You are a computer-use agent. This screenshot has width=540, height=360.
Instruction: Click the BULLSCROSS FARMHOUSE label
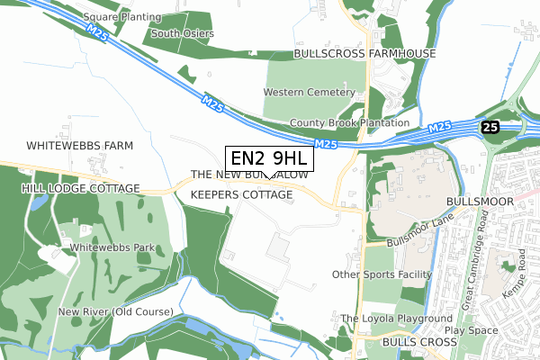pos(364,54)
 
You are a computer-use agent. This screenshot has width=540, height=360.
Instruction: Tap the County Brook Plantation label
pos(350,123)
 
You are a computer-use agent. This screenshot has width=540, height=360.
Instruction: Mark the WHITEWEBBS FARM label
pos(79,145)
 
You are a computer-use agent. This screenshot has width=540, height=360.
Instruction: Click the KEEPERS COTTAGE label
pos(242,194)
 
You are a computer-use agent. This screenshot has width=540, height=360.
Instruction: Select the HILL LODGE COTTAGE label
pos(81,188)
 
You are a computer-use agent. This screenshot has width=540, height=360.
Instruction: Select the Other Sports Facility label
pos(382,274)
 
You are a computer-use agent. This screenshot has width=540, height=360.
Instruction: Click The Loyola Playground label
pos(396,319)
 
